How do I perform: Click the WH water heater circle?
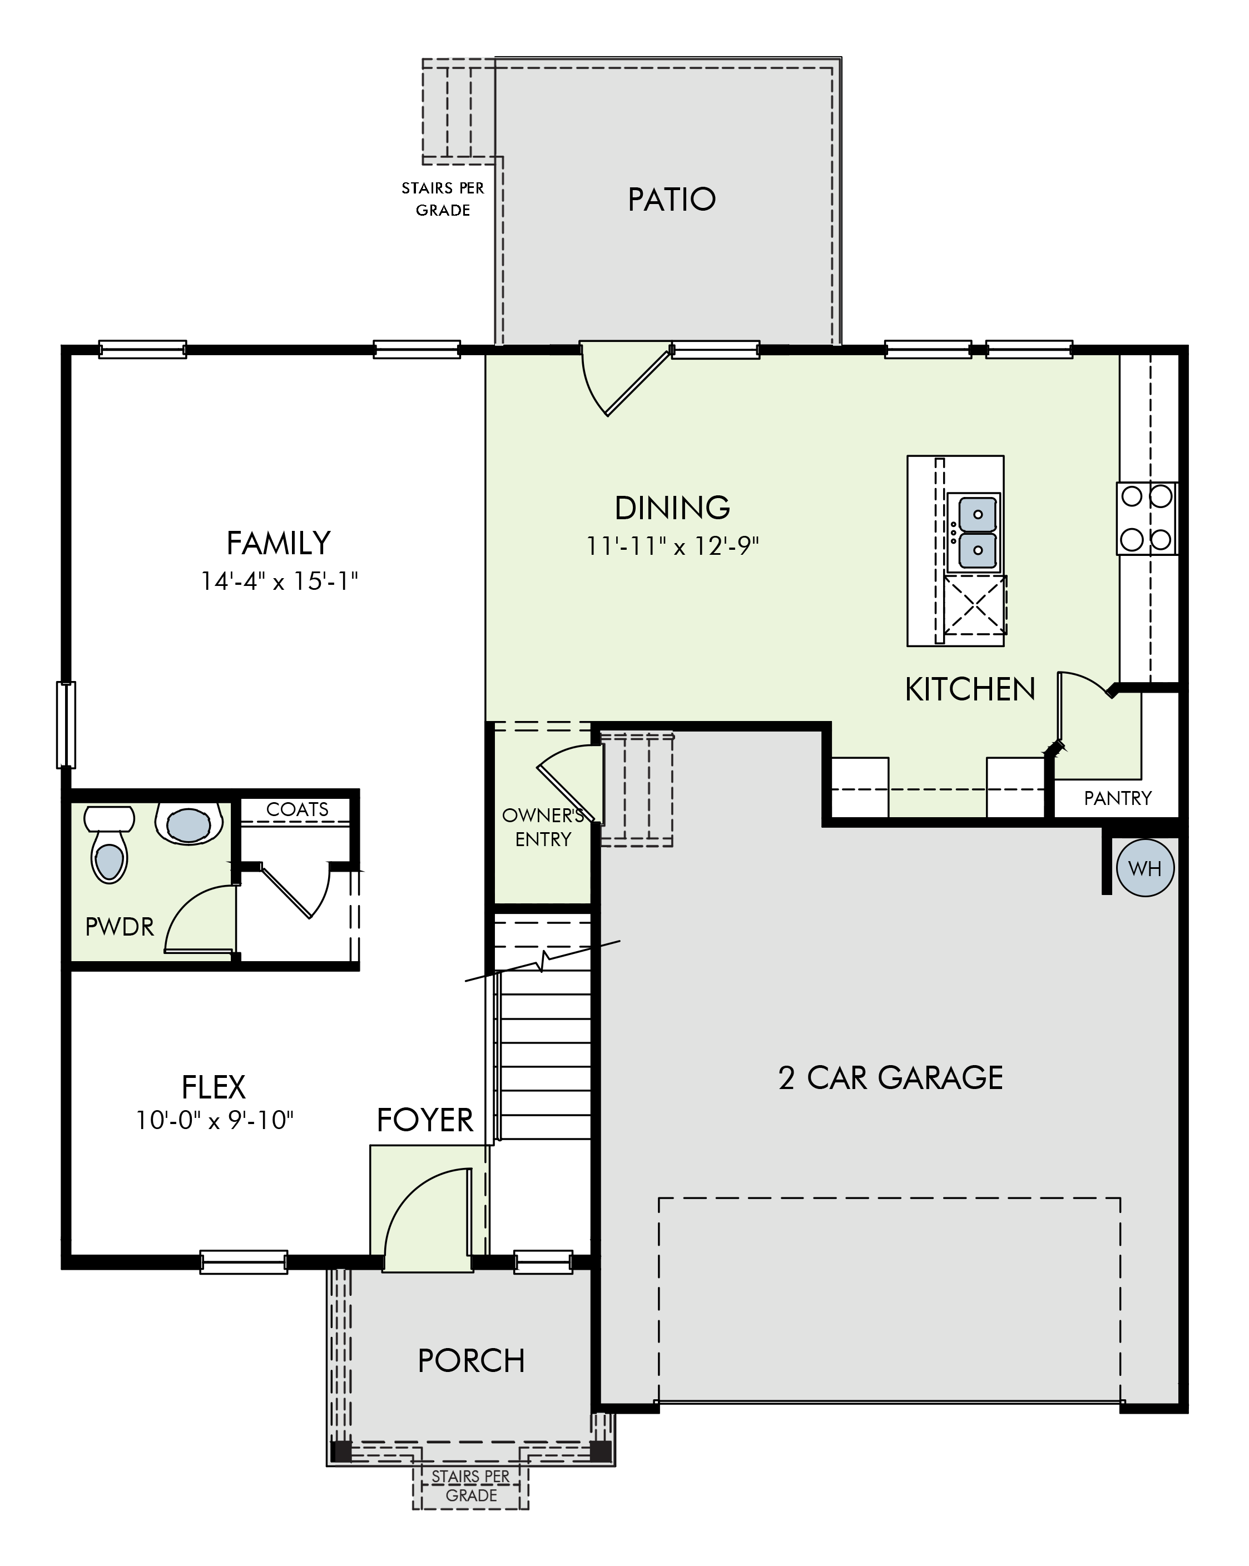[x=1144, y=867]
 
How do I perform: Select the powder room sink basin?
[x=189, y=824]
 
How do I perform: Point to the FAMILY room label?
[x=279, y=543]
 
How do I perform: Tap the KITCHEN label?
[x=970, y=689]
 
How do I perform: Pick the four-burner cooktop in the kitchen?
[x=1147, y=519]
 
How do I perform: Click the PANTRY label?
[x=1118, y=798]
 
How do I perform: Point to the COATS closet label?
[x=297, y=809]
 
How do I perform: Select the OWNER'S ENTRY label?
[x=543, y=827]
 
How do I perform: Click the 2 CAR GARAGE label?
[x=890, y=1078]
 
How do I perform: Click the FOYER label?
[x=425, y=1120]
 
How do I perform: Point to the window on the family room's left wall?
[x=66, y=724]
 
